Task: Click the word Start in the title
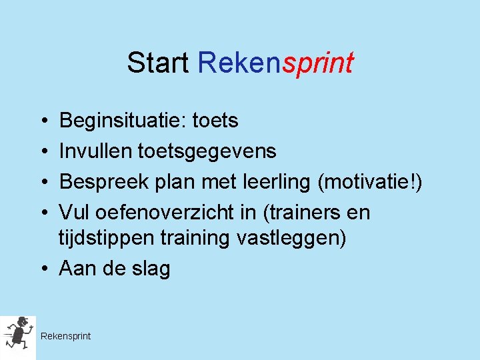pos(159,63)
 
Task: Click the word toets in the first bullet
pos(215,121)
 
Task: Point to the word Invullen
pos(95,151)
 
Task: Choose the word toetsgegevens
pos(207,152)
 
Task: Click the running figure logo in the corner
pos(17,336)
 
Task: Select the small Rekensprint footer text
pos(65,336)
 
